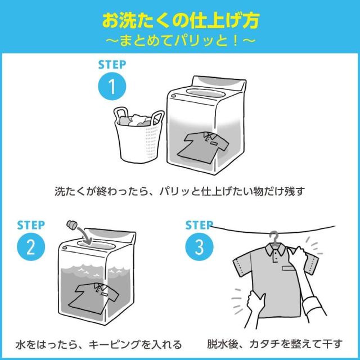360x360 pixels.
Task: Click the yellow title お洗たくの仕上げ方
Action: click(x=180, y=21)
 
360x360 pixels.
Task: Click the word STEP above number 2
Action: click(x=30, y=225)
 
